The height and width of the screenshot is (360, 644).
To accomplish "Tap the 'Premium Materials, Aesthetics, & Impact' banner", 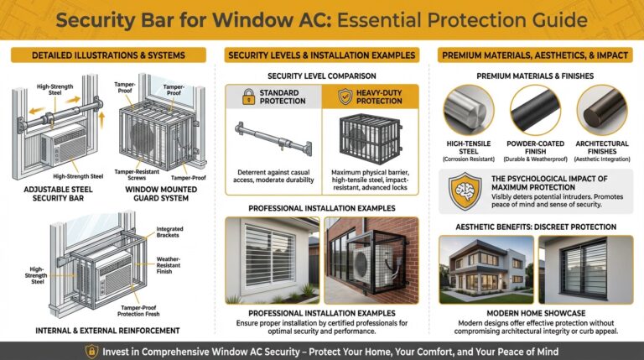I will click(534, 55).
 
